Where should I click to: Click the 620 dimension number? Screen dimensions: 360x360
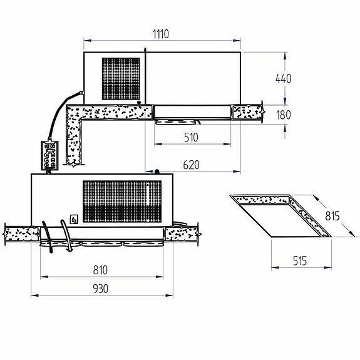(x=192, y=165)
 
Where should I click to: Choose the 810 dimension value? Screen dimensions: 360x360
(x=100, y=270)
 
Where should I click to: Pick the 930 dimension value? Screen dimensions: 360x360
(x=100, y=289)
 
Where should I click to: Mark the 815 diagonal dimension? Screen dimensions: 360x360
(x=332, y=217)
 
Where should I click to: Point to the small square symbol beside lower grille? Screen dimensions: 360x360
(x=73, y=219)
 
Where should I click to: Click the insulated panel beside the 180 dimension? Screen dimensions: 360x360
(x=247, y=113)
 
